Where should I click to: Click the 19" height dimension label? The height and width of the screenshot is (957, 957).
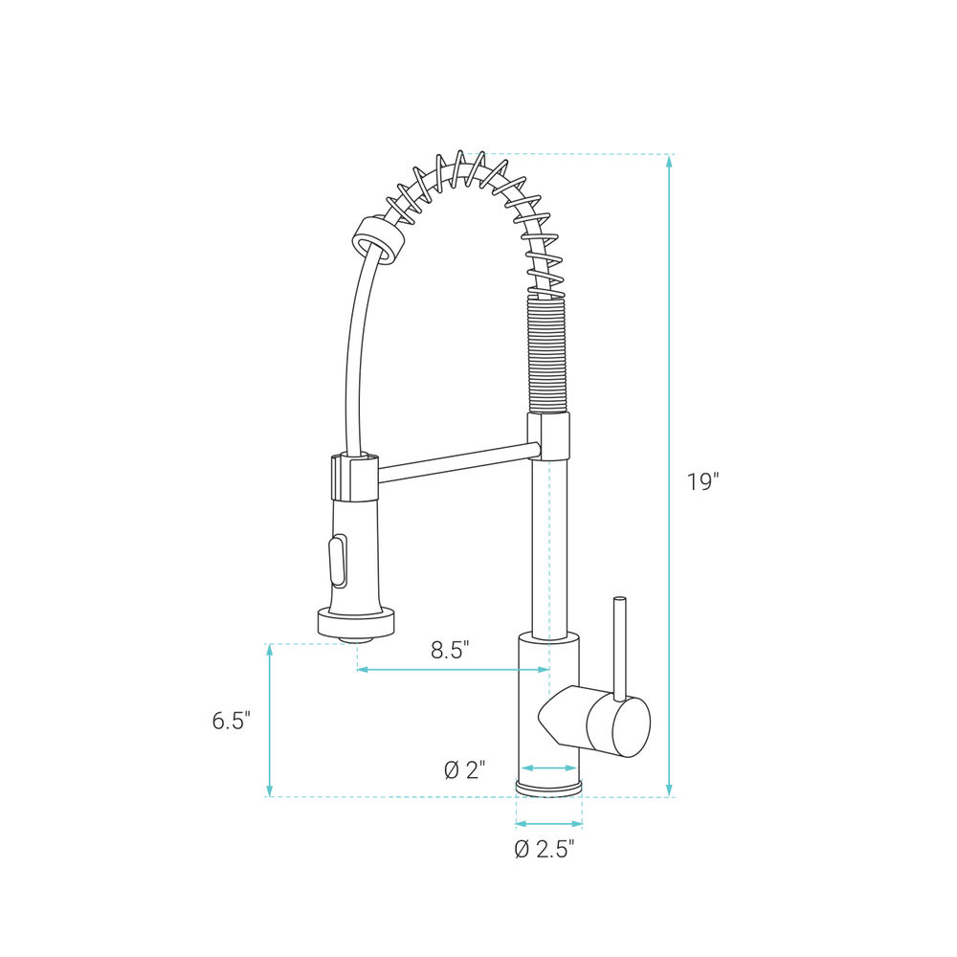point(703,482)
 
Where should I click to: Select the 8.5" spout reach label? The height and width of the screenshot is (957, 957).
point(450,650)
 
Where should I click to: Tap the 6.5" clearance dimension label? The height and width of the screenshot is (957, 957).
point(232,721)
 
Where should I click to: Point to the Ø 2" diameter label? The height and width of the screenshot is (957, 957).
point(464,770)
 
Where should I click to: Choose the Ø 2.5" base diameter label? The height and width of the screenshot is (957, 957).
point(545,849)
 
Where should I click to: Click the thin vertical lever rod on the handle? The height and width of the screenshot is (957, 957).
point(619,648)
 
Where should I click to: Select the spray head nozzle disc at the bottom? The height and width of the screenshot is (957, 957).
point(356,625)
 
